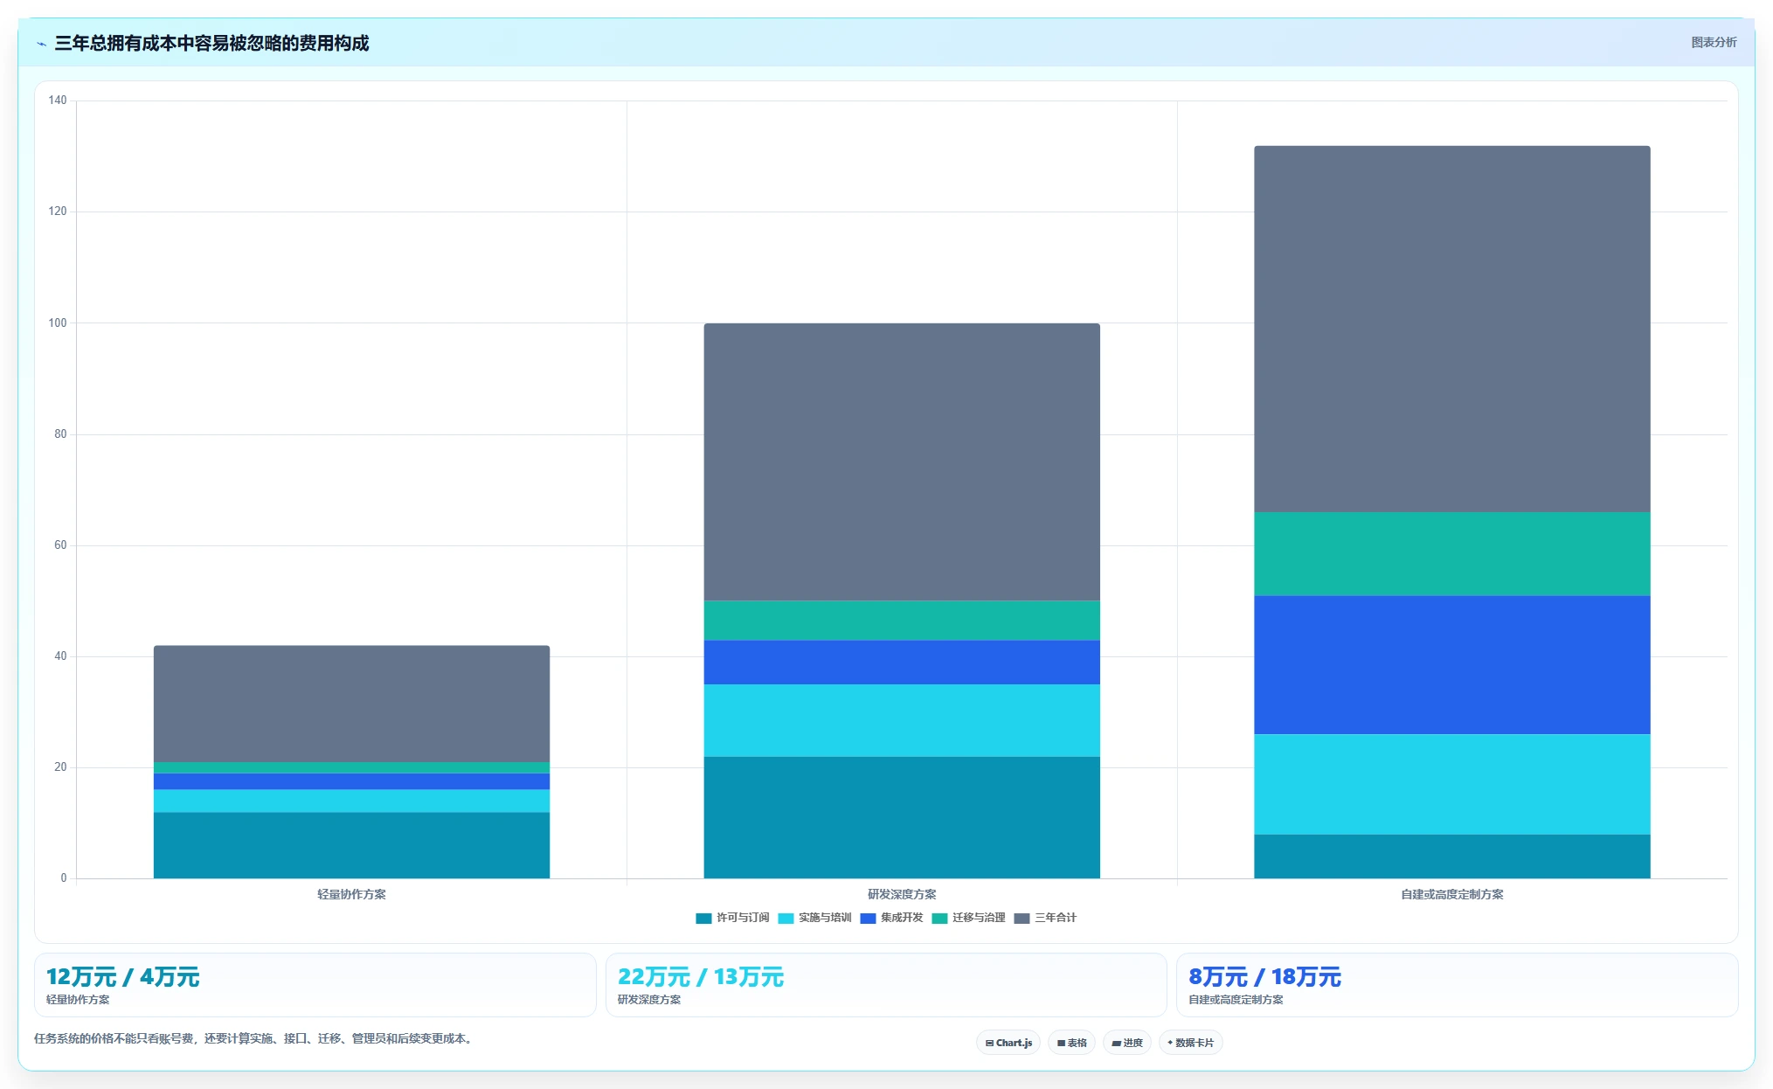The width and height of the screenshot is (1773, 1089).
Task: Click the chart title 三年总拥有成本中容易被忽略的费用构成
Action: (211, 43)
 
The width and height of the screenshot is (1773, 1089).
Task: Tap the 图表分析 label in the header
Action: (1714, 42)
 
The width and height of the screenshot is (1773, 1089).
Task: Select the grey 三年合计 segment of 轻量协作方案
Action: (351, 704)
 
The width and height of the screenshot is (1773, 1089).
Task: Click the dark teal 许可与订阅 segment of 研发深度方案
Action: (902, 817)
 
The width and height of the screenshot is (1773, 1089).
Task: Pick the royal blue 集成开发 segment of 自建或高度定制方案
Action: (1452, 665)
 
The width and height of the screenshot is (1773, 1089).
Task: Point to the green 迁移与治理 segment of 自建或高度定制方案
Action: (1452, 554)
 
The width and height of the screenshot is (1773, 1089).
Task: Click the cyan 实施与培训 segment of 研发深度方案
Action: (902, 720)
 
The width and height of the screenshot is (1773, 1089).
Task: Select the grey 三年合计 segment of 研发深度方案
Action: (902, 461)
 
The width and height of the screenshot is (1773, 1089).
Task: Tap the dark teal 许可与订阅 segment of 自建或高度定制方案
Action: (1452, 857)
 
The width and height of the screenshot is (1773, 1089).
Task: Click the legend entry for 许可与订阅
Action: (732, 918)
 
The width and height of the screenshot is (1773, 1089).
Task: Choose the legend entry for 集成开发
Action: (891, 918)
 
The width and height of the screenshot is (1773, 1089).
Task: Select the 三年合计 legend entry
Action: (1045, 918)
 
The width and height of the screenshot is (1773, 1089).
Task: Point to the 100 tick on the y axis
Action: (58, 323)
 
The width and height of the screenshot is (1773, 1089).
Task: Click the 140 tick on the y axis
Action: (58, 101)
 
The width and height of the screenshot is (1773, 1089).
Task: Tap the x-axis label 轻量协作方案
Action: (351, 894)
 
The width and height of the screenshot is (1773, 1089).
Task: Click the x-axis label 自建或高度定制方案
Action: (1452, 894)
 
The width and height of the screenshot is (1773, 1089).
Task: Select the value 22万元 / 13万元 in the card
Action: (701, 976)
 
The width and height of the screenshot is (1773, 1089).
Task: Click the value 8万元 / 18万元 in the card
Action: (1264, 976)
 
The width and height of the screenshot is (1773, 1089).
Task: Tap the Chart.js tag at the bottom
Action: (1008, 1043)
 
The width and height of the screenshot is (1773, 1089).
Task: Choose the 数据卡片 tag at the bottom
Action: (1190, 1043)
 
